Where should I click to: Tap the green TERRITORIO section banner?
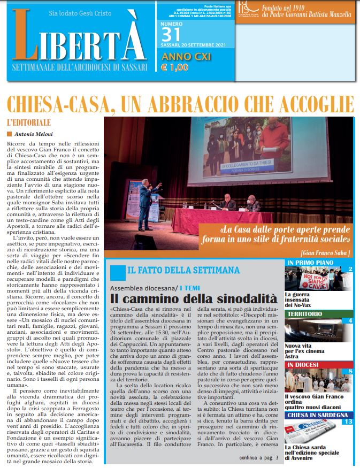coord(318,314)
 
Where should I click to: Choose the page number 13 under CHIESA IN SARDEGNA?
coord(348,422)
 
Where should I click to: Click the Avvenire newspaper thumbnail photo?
coord(310,433)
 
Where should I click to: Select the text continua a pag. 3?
coord(259,458)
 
